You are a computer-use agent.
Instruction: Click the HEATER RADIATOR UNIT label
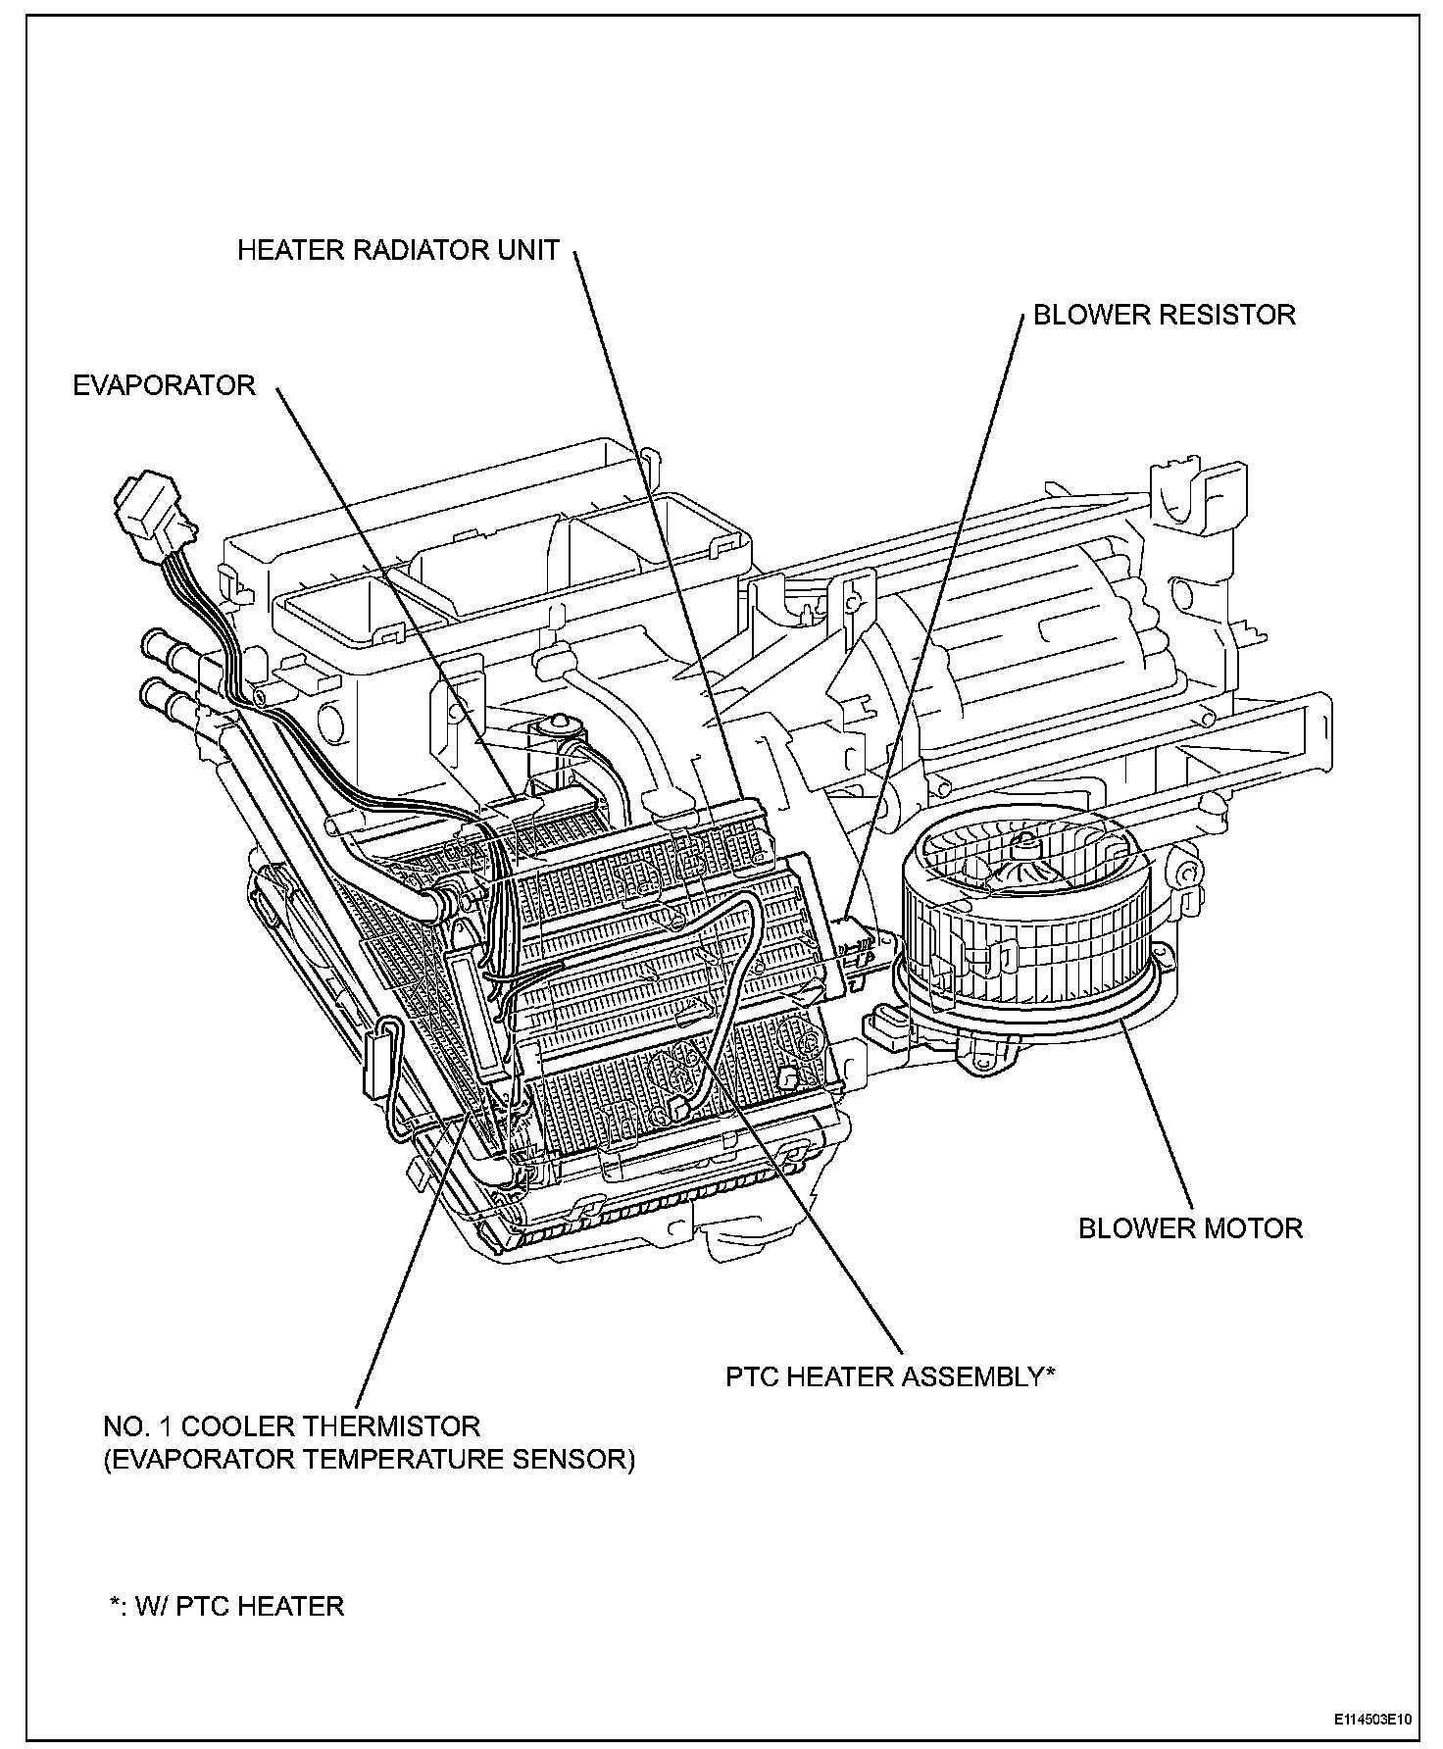tap(398, 251)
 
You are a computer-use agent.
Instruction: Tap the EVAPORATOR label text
tap(164, 385)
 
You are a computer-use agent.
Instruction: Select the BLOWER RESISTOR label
tap(1165, 315)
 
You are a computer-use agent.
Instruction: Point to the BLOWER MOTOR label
tap(1190, 1228)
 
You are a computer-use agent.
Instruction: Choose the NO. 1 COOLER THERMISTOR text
tap(292, 1426)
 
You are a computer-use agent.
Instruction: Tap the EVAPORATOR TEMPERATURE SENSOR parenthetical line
tap(369, 1460)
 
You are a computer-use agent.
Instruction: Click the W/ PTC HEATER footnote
tap(226, 1607)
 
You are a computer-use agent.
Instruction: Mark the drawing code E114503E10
tap(1372, 1720)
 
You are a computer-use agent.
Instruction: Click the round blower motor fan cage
tap(1024, 922)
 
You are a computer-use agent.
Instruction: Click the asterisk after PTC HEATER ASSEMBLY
tap(1050, 1374)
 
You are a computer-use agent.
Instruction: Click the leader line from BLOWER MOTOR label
tap(1157, 1112)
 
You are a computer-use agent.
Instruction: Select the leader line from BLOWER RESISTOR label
tap(941, 608)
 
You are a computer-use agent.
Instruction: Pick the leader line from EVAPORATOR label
tap(392, 588)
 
